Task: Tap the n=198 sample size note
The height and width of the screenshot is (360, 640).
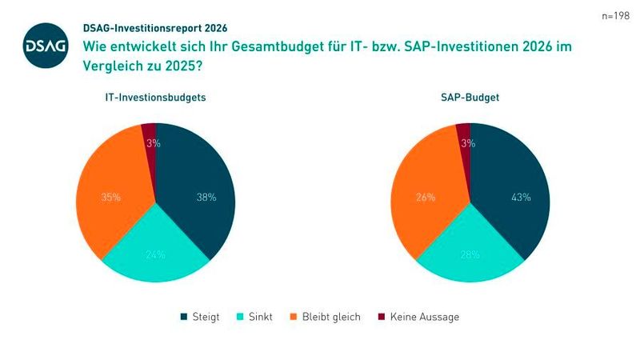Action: coord(615,16)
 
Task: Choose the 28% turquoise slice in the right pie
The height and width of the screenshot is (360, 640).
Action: coord(470,254)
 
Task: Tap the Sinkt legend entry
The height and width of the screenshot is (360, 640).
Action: coord(254,317)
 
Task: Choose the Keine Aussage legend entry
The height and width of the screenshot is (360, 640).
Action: coord(418,317)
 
